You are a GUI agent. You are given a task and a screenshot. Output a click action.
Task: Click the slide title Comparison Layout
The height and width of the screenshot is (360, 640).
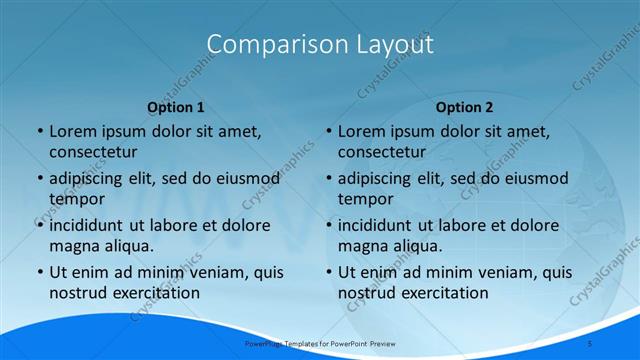(320, 45)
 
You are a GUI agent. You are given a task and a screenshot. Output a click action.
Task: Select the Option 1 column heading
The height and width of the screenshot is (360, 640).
(176, 107)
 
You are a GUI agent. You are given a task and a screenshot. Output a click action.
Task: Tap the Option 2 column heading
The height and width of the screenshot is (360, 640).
(464, 107)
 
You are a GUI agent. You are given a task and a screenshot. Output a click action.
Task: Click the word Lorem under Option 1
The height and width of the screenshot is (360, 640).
(72, 131)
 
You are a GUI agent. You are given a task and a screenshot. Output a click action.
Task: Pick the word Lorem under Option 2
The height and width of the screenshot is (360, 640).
(360, 131)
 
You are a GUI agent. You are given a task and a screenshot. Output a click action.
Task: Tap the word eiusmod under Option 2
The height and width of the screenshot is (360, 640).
(537, 179)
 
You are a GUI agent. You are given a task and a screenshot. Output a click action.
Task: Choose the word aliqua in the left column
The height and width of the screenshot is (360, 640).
(126, 246)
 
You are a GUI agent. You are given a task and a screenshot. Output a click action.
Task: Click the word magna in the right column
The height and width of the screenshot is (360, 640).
(361, 246)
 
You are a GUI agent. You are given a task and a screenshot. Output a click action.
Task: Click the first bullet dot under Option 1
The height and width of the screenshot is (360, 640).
(39, 132)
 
